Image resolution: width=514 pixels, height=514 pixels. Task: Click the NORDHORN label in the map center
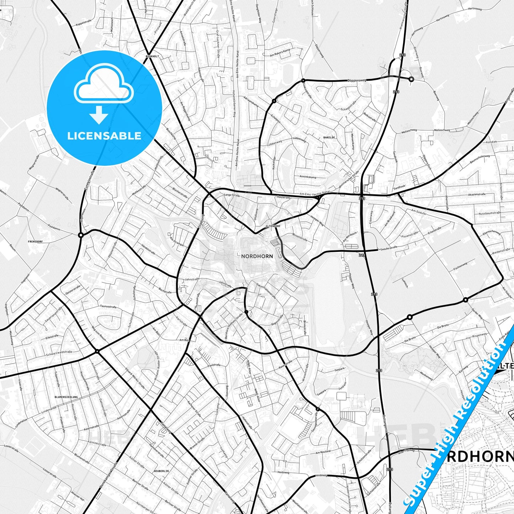(257, 256)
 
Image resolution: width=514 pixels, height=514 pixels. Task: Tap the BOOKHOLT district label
(152, 57)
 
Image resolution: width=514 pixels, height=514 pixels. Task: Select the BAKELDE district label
(329, 137)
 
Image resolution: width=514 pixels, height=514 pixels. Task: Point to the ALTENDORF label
(273, 226)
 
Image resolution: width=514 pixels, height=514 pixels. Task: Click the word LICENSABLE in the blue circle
(104, 136)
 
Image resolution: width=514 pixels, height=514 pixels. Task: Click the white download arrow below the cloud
(99, 115)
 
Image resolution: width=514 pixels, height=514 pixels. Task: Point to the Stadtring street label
(201, 221)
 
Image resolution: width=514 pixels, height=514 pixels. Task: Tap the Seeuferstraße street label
(388, 248)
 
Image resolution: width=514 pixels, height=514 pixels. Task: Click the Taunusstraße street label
(108, 307)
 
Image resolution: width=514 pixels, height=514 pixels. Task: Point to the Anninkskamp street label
(308, 177)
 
